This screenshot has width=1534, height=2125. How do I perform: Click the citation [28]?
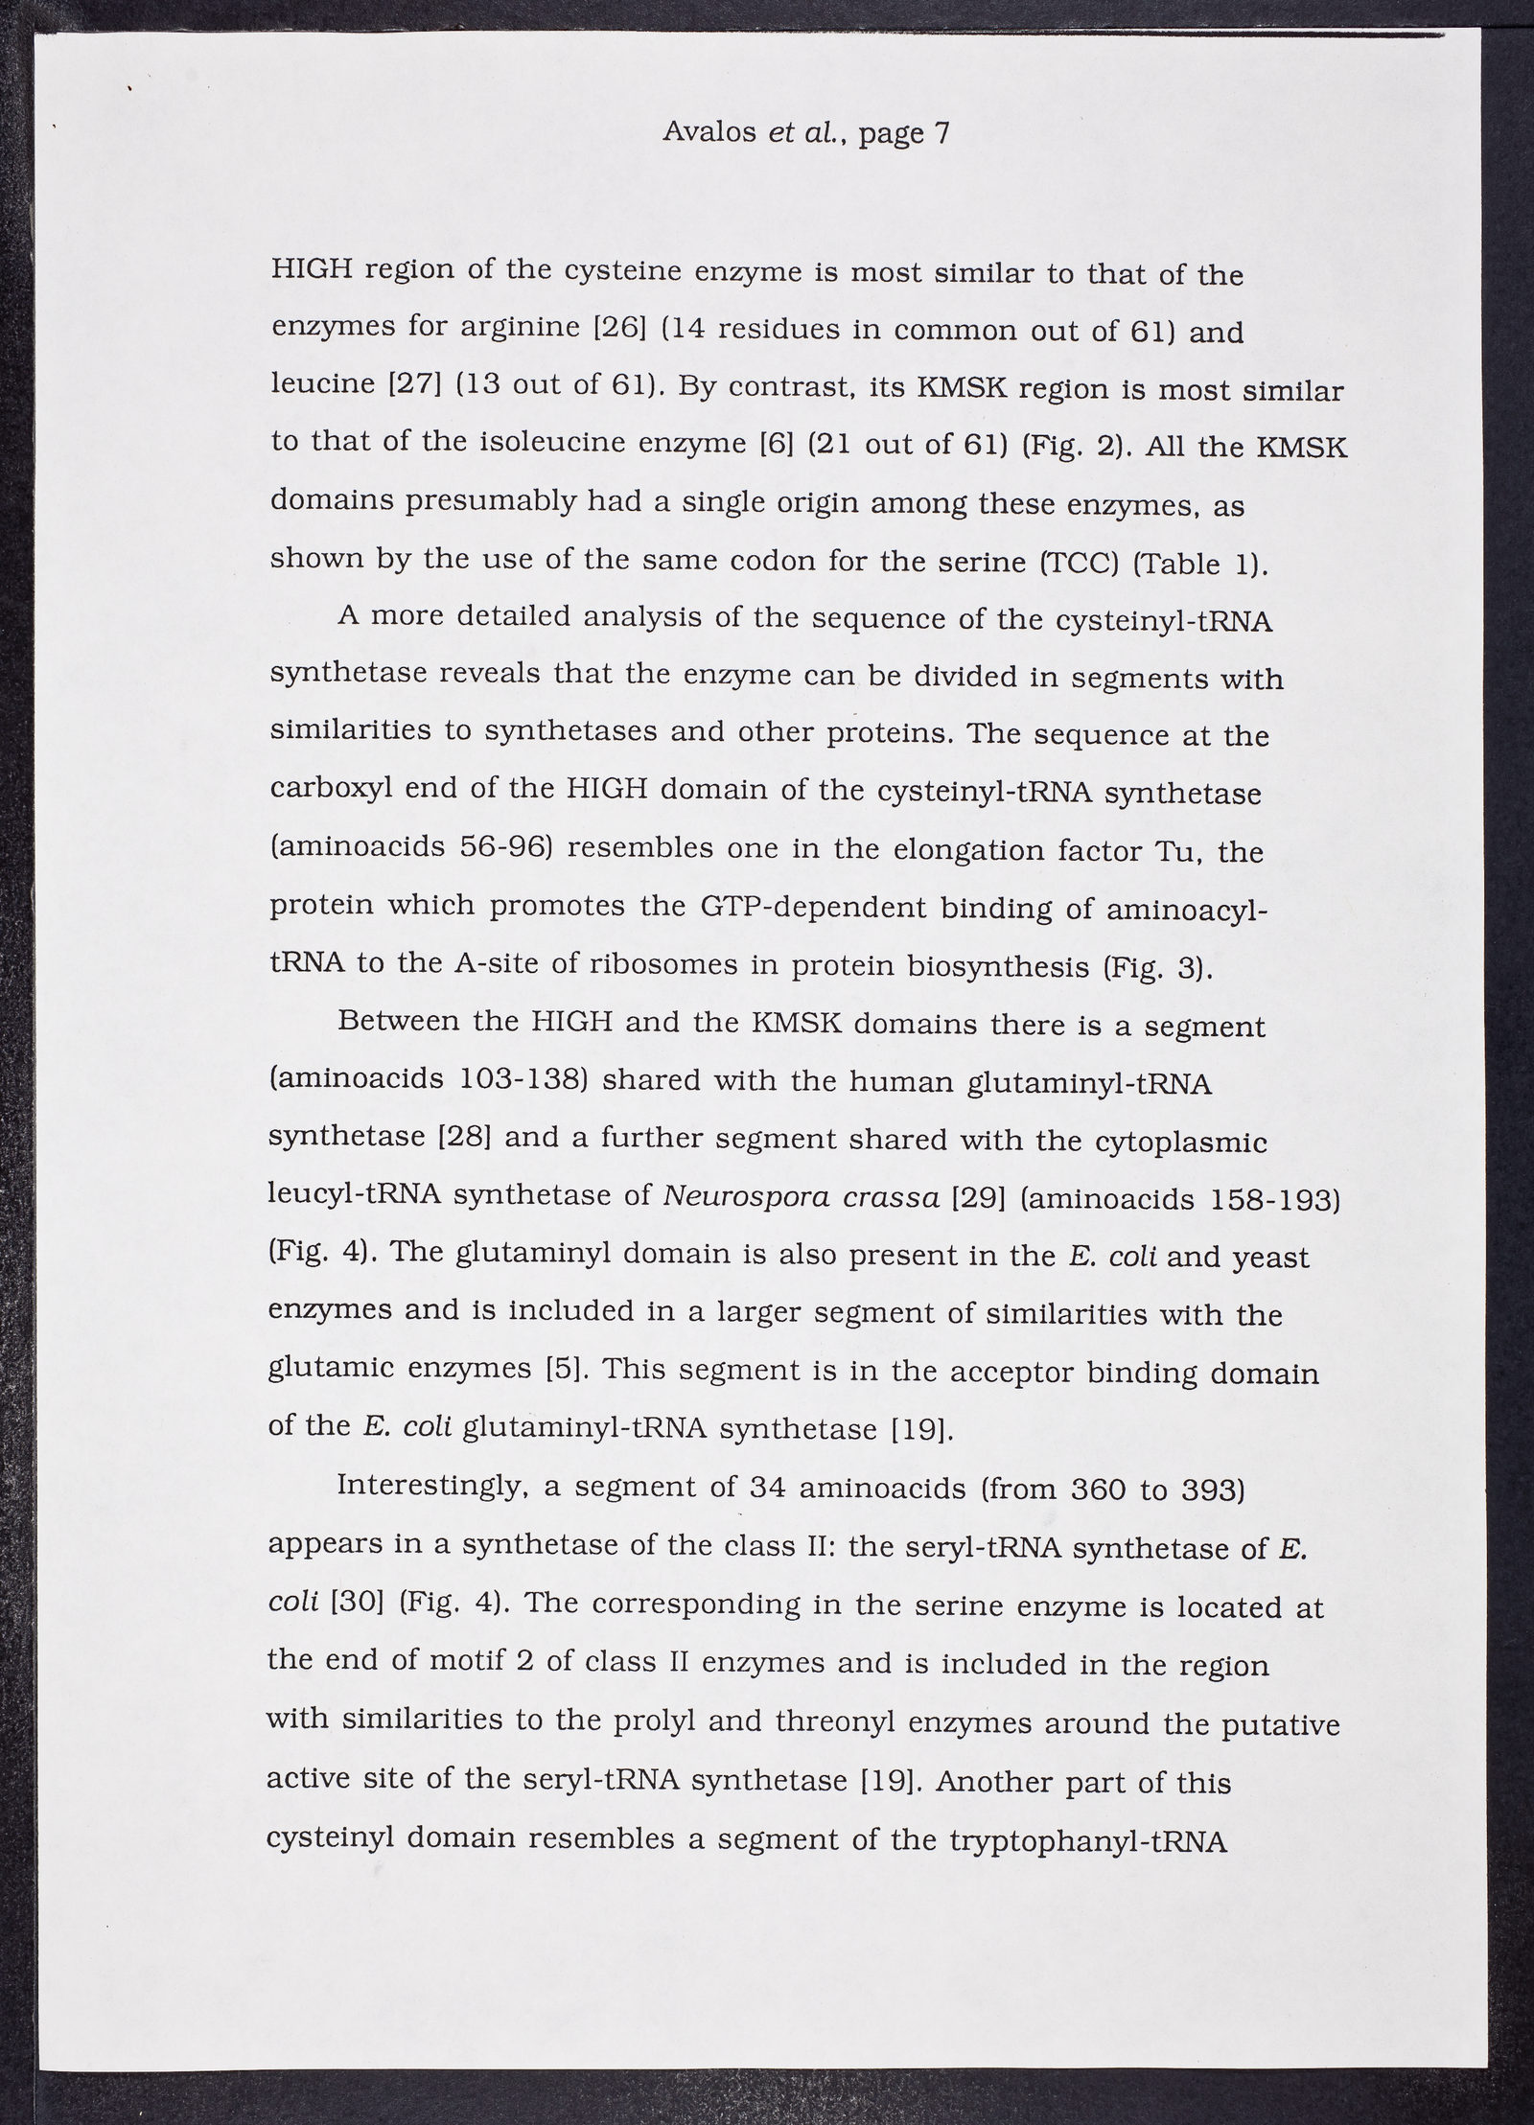465,1137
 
